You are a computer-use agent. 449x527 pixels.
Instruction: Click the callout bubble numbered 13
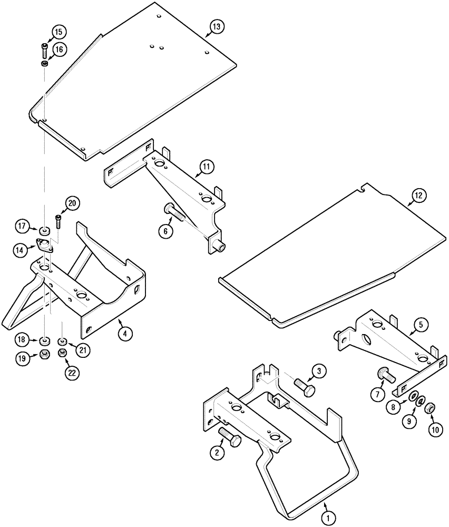click(217, 26)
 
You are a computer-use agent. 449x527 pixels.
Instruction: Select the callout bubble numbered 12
click(418, 196)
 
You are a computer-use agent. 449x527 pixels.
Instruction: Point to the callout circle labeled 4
click(124, 334)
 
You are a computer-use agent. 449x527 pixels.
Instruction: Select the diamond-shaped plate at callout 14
click(43, 245)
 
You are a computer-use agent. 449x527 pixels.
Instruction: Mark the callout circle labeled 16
click(58, 50)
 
